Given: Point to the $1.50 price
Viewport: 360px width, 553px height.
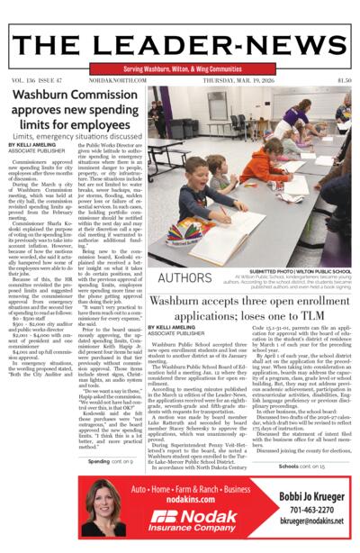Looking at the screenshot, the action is coord(344,79).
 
